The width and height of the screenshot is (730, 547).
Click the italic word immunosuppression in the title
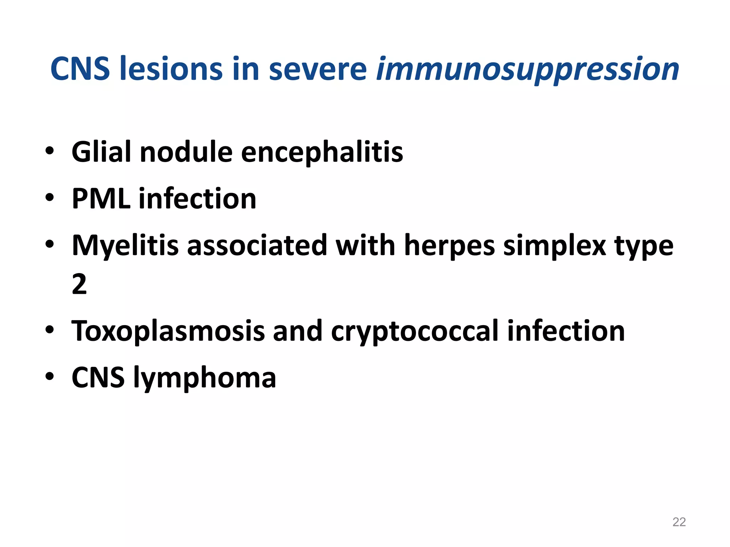(528, 69)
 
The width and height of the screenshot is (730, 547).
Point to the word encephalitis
(322, 152)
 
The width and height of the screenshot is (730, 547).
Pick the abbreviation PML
(101, 199)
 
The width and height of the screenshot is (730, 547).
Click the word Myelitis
(125, 246)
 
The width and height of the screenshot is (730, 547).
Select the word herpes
(449, 246)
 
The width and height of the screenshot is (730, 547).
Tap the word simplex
(554, 246)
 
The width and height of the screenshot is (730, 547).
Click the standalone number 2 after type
(79, 284)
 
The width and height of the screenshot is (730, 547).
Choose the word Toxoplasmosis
(168, 331)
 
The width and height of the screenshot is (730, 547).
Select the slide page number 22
(679, 522)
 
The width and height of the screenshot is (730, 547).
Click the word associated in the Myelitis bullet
(257, 246)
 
